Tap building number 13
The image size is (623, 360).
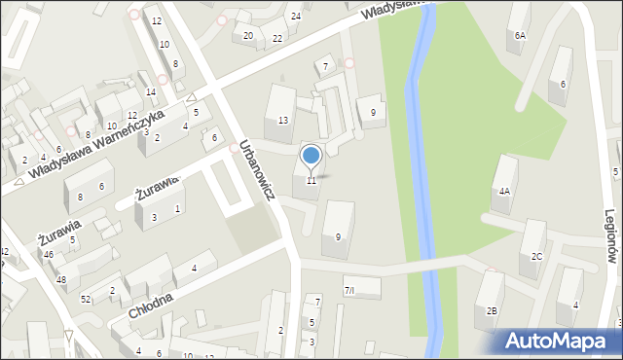coord(282,120)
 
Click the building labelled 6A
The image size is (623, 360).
coord(520,35)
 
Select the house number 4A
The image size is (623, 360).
coord(504,192)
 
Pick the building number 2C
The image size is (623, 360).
coord(536,256)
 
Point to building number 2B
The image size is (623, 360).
coord(493,310)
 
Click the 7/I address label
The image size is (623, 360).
coord(349,290)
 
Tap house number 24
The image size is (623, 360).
coord(296,17)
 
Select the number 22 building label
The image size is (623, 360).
coord(277,38)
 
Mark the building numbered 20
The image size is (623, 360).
coord(248,36)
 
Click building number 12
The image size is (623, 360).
coord(156,20)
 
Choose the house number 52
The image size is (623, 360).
coord(86,298)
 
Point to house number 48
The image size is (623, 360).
coord(61,279)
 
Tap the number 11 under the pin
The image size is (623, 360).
coord(311,180)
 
